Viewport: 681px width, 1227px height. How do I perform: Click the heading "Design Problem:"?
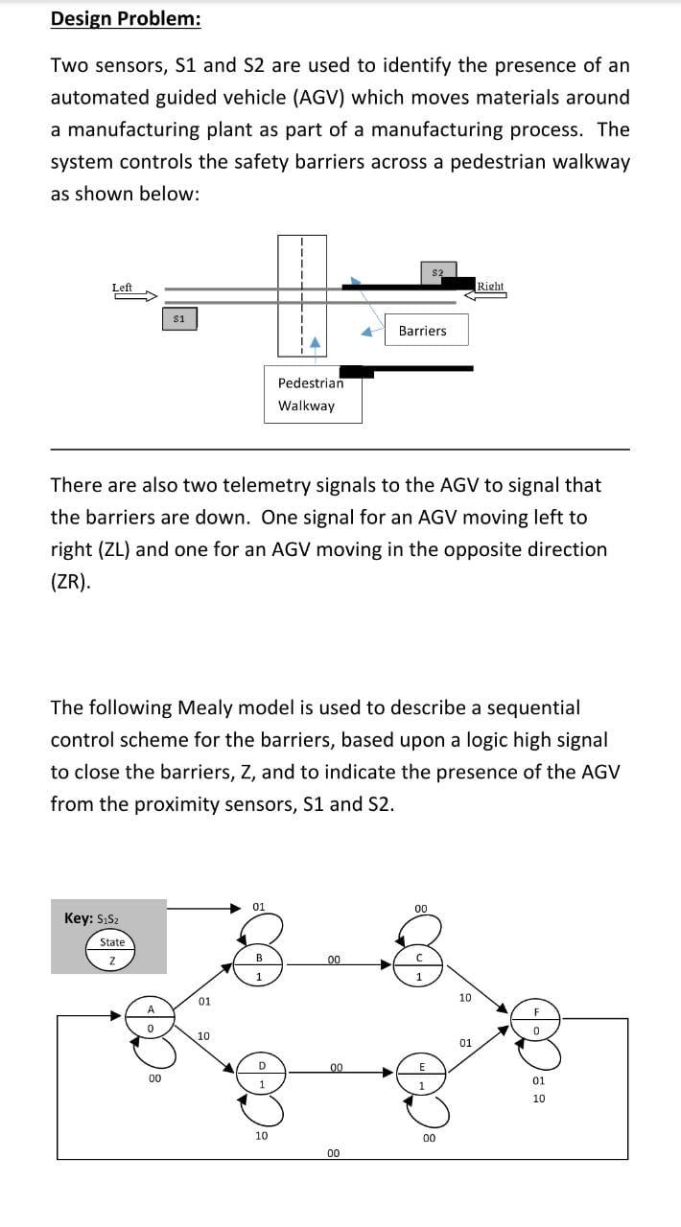[125, 18]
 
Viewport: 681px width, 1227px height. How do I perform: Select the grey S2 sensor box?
[437, 273]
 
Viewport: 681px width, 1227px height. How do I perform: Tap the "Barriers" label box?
[422, 331]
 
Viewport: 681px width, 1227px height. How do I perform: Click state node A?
[151, 1018]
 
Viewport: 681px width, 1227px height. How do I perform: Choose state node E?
[419, 1075]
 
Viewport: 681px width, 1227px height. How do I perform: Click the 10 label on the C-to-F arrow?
[465, 997]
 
